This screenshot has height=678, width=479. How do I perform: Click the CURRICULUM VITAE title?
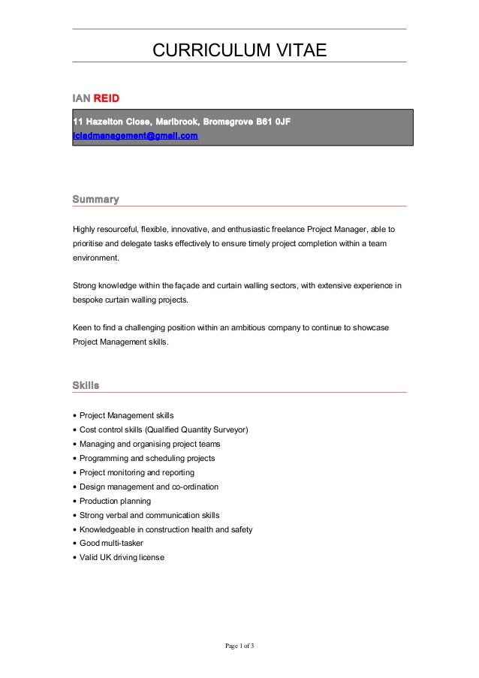tap(239, 50)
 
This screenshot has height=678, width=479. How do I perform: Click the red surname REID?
tap(106, 98)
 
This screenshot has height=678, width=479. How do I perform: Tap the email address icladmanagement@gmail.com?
tap(135, 135)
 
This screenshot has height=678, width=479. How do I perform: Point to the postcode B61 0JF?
tap(271, 120)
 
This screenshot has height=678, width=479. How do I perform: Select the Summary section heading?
tap(95, 199)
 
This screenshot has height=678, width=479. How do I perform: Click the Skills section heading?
tap(86, 385)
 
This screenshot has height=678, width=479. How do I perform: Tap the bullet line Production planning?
tap(115, 501)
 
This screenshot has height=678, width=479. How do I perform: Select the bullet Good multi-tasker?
tap(111, 544)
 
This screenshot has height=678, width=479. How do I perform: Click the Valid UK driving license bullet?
tap(122, 558)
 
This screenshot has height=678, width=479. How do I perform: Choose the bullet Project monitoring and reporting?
tap(137, 472)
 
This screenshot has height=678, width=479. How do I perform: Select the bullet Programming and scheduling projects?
tap(147, 458)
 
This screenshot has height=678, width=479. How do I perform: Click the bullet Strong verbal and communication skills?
tap(149, 515)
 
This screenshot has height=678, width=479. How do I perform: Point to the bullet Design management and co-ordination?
tap(149, 487)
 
